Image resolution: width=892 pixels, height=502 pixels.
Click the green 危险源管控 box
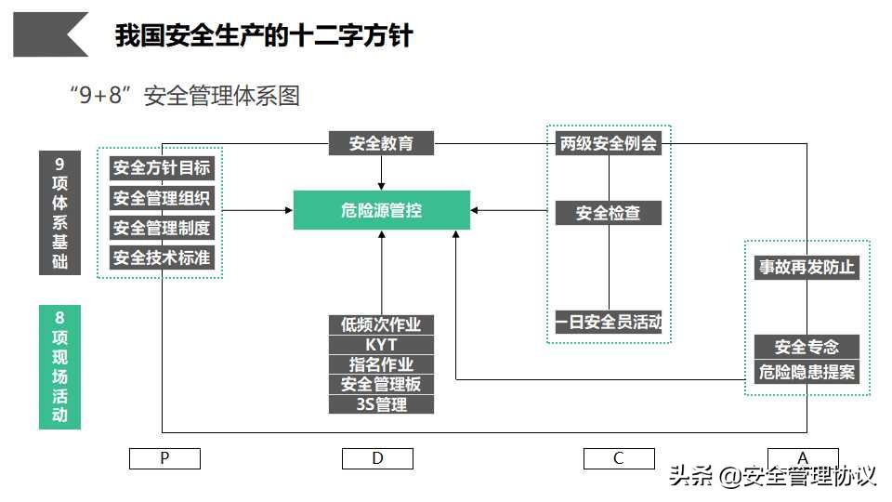click(381, 210)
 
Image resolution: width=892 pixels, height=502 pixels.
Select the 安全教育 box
click(381, 144)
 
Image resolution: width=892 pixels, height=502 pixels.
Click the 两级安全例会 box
click(609, 144)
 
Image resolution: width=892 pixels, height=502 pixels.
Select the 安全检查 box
click(609, 213)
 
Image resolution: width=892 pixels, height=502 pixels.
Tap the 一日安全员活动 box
click(609, 323)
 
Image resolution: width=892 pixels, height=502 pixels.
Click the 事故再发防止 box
click(807, 268)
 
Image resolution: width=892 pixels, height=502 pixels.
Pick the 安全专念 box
click(807, 347)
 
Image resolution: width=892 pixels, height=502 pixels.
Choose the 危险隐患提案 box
click(807, 373)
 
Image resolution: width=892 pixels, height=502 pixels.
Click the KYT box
click(381, 345)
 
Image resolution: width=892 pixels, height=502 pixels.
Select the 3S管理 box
click(381, 404)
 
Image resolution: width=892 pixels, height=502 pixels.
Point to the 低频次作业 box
click(381, 324)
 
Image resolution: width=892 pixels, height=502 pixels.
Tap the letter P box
click(164, 458)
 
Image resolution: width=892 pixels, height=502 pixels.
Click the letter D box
click(377, 458)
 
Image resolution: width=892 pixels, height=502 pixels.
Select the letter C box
click(619, 458)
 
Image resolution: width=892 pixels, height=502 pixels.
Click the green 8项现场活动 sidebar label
click(59, 367)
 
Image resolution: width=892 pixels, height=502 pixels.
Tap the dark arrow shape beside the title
click(51, 34)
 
